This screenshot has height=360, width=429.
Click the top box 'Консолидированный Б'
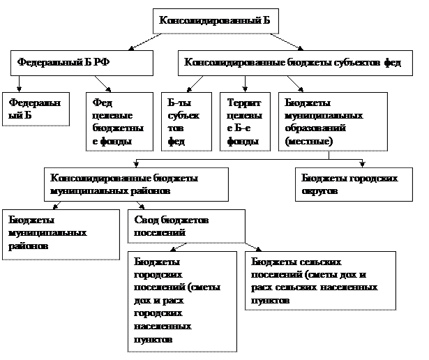click(x=215, y=21)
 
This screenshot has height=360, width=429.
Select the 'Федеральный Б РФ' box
click(x=82, y=62)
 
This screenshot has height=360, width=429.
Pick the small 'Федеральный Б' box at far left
click(x=36, y=109)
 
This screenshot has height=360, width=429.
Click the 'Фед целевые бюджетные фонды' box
click(x=119, y=122)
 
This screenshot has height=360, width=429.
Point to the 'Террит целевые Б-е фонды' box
click(x=245, y=122)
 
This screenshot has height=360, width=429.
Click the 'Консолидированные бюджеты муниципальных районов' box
click(x=136, y=184)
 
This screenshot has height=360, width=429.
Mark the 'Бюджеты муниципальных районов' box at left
click(x=61, y=234)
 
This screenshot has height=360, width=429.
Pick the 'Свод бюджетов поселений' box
click(x=186, y=226)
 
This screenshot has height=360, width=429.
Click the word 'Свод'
click(x=145, y=220)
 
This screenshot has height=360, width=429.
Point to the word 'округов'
click(x=320, y=190)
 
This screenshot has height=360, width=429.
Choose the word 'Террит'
click(x=240, y=103)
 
